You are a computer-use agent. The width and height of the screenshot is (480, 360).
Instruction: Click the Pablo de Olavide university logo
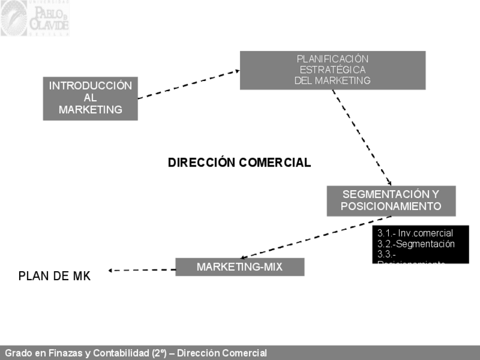coord(35,19)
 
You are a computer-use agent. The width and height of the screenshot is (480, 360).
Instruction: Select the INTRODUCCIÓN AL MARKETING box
coord(90,98)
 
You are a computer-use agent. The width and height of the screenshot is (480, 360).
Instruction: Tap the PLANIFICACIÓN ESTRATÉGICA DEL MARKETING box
coord(332,70)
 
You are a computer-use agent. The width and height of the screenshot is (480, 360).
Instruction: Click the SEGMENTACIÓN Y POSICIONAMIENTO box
coord(391,200)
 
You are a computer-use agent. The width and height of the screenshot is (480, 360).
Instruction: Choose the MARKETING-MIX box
coord(239,267)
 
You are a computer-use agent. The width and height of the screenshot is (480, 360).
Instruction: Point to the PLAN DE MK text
coord(54,276)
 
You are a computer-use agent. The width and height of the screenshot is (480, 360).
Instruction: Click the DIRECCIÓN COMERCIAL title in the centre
coord(239,163)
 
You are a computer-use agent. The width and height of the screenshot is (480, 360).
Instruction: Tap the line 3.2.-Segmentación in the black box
coord(416,244)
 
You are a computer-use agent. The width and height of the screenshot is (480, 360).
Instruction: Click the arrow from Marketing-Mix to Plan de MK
coord(142,270)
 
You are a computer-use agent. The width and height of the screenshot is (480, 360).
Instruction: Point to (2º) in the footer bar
coord(159,353)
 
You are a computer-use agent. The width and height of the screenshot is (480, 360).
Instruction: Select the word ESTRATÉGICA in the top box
coord(332,70)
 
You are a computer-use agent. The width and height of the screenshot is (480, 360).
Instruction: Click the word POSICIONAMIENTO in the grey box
coord(391,207)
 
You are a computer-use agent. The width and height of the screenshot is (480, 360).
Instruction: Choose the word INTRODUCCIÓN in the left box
coord(90,86)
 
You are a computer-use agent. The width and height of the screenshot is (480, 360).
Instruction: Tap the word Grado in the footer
coord(18,353)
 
